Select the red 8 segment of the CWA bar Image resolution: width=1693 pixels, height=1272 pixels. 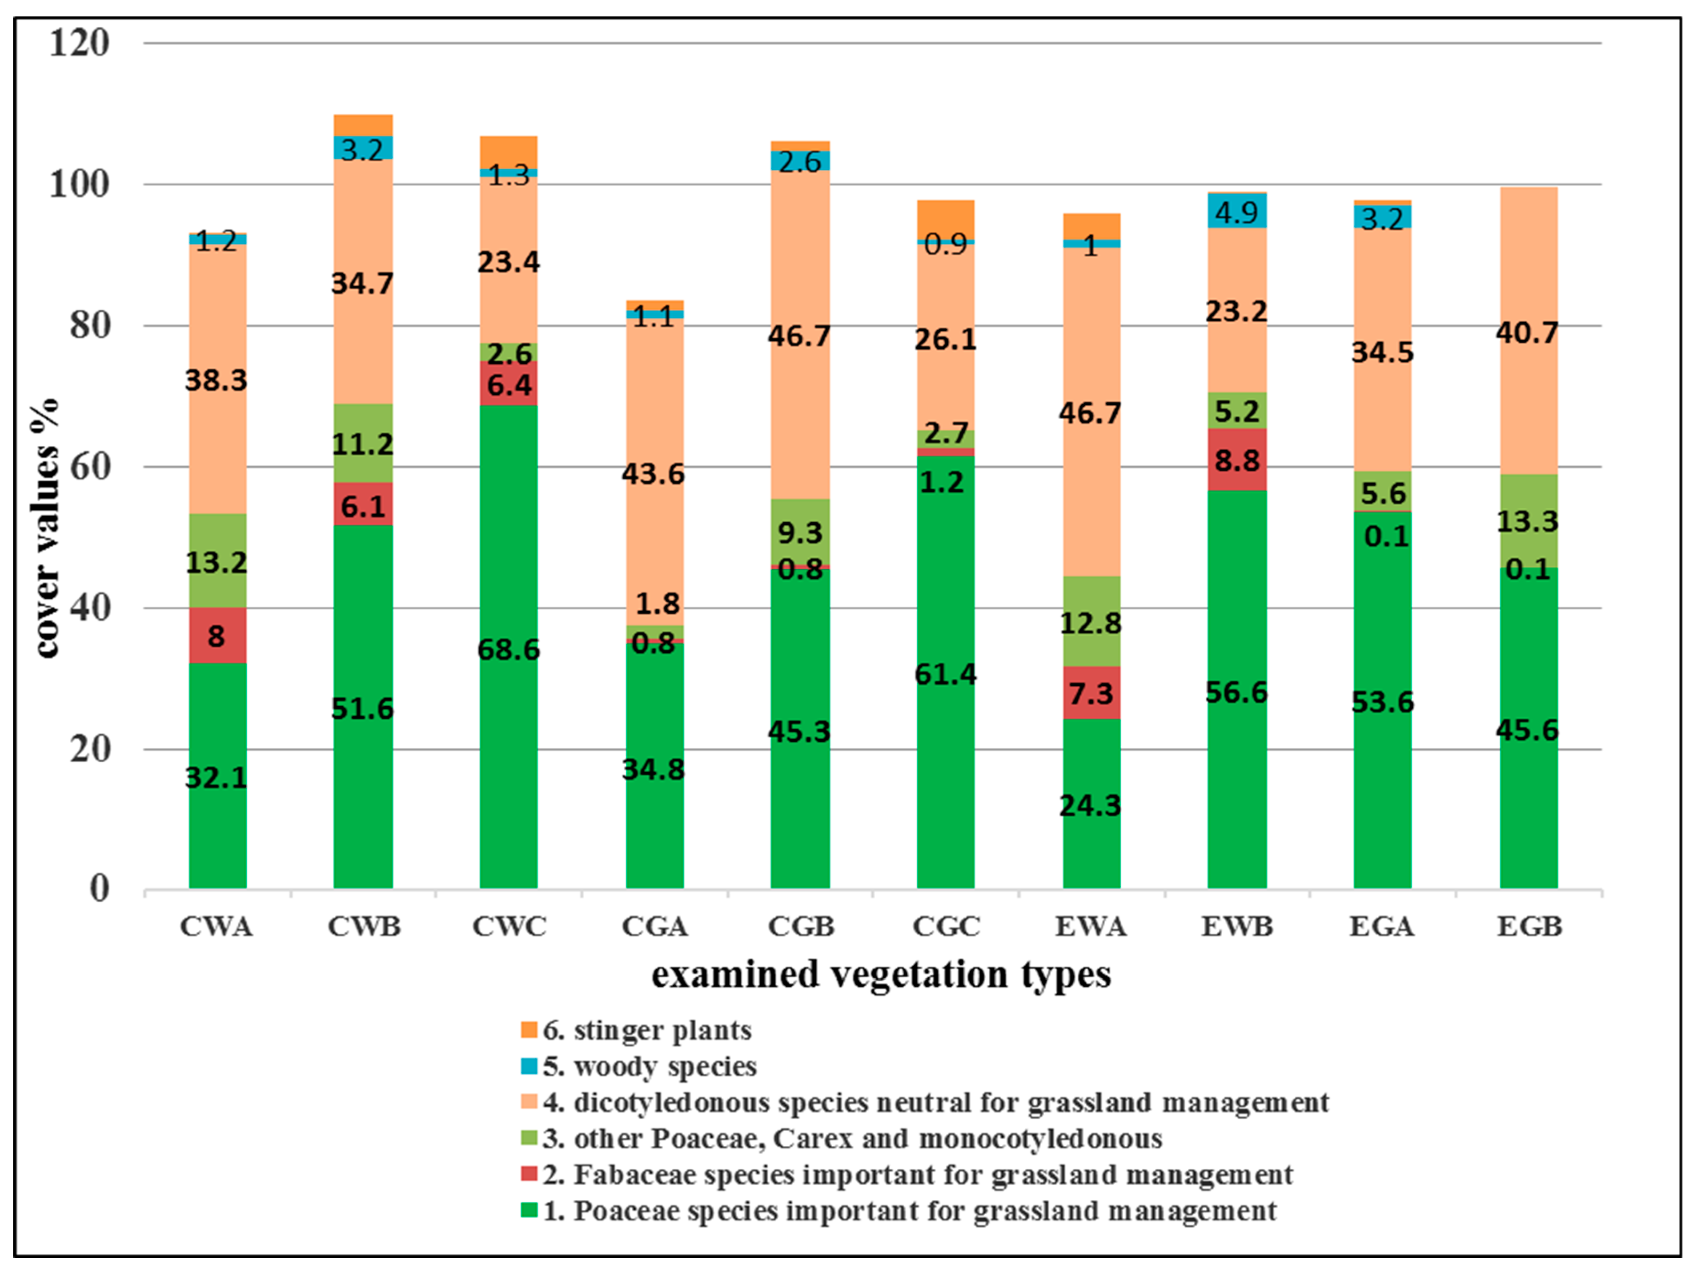217,635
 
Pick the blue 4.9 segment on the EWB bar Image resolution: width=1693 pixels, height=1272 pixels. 1237,211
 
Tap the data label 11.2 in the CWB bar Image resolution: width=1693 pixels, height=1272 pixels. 363,444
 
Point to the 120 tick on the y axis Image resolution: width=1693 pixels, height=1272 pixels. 79,43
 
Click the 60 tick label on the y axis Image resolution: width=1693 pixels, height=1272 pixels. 89,467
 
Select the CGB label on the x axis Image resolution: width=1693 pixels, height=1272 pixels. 801,927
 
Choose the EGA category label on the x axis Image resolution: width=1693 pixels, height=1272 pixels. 1381,927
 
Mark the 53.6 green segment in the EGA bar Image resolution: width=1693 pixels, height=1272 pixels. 1382,700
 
